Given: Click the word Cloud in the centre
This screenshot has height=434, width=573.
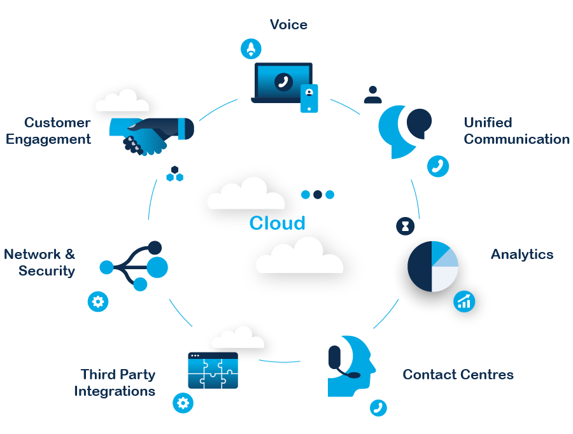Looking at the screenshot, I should pyautogui.click(x=277, y=223).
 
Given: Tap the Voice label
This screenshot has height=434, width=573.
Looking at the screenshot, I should pyautogui.click(x=288, y=25).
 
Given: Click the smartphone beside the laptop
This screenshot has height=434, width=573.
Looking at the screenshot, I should pyautogui.click(x=309, y=98).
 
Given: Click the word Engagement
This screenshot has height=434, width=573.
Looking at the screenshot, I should pyautogui.click(x=48, y=139).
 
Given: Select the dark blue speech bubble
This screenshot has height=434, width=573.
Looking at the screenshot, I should pyautogui.click(x=419, y=122).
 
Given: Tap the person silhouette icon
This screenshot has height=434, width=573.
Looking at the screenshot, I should pyautogui.click(x=372, y=95).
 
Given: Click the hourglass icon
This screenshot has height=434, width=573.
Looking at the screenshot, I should pyautogui.click(x=405, y=225).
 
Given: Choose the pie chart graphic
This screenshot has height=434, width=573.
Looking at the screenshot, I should pyautogui.click(x=433, y=267).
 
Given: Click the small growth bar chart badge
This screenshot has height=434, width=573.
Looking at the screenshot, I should pyautogui.click(x=464, y=301).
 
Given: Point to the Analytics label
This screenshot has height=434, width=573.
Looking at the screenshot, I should pyautogui.click(x=521, y=255).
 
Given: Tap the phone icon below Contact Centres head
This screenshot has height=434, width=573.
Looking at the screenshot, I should pyautogui.click(x=378, y=407).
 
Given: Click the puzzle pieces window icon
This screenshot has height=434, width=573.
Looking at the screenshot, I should pyautogui.click(x=213, y=370).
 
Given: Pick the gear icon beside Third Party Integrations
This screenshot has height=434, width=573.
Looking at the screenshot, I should pyautogui.click(x=183, y=403).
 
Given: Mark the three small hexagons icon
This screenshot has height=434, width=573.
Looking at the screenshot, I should pyautogui.click(x=174, y=174).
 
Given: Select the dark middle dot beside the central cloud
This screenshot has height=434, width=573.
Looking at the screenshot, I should pyautogui.click(x=317, y=195).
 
